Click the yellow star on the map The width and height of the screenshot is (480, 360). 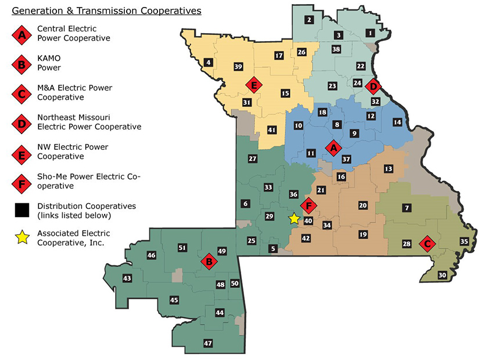tap(294, 218)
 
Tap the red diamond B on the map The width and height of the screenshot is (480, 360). tap(208, 262)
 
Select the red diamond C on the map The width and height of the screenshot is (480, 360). tap(428, 243)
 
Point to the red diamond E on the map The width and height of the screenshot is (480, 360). tap(253, 85)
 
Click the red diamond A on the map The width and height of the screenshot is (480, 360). tap(333, 147)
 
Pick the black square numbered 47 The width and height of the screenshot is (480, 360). tap(208, 344)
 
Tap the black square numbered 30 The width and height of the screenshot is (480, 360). tap(442, 275)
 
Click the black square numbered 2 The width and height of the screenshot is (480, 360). tap(309, 20)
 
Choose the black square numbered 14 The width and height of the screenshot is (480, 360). tap(397, 123)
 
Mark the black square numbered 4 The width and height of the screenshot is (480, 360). tap(208, 62)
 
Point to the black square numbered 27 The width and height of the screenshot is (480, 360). tap(252, 159)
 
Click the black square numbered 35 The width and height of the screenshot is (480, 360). tap(464, 242)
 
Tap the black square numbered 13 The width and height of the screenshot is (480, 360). tap(388, 168)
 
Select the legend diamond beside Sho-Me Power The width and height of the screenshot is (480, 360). tap(22, 182)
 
